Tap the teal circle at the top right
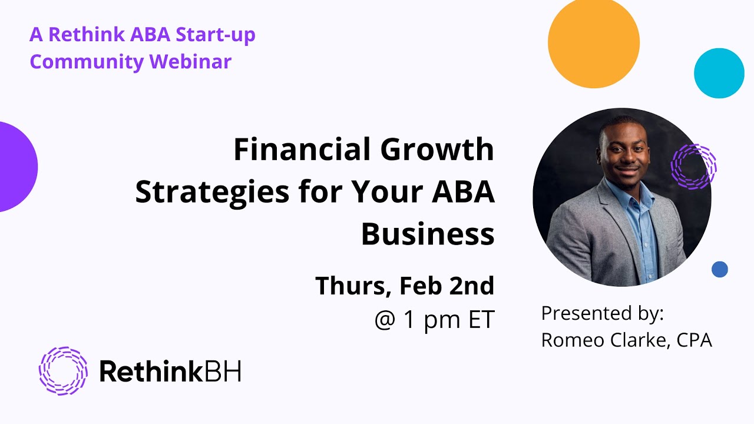(x=719, y=73)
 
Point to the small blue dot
(x=719, y=269)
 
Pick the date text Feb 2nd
(x=447, y=286)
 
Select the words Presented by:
(x=602, y=313)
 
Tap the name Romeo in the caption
(x=569, y=340)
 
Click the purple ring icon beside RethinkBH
(x=63, y=370)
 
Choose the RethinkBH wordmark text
(x=170, y=371)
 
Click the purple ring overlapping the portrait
(x=694, y=167)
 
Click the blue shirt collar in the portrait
(x=630, y=194)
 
